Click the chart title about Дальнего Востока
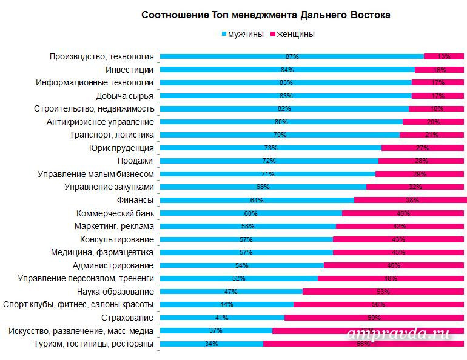266,14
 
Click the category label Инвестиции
129,70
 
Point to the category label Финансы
135,200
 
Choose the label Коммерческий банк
115,213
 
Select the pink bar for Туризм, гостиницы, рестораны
364,344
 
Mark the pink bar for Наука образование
382,292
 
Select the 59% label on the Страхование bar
374,318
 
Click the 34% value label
212,344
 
